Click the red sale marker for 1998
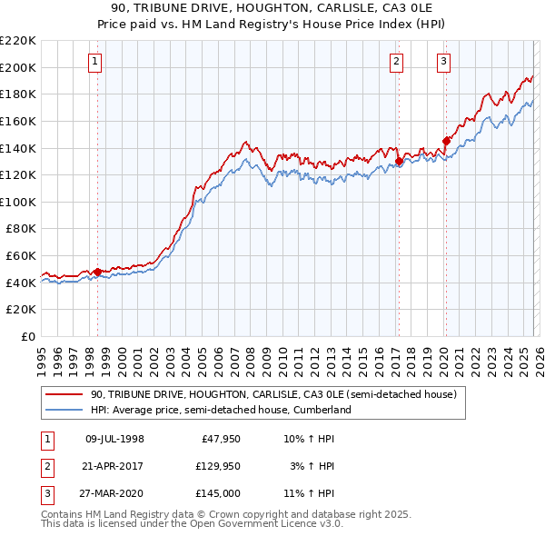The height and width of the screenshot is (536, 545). pos(97,272)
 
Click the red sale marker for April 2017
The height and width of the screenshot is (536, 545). pos(399,162)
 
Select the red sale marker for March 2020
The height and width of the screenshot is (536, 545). pos(446,141)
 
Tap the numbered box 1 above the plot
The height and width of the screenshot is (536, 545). pos(95,62)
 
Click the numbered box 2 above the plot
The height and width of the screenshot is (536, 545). pos(397,62)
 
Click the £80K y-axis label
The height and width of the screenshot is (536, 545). pos(21,229)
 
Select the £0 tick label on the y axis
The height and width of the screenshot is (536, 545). pos(30,337)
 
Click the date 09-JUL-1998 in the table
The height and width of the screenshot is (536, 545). pos(114,438)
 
